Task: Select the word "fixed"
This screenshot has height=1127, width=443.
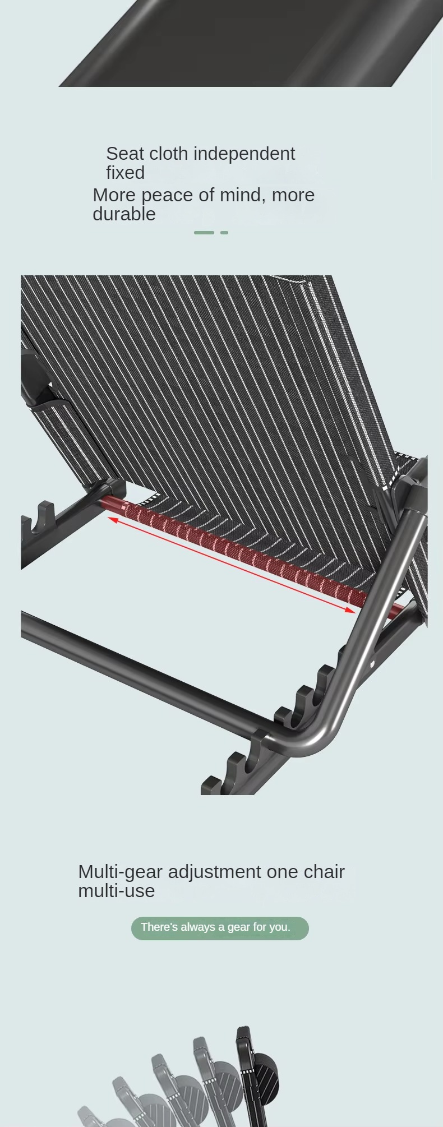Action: click(x=126, y=173)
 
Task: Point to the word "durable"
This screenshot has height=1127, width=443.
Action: click(x=124, y=214)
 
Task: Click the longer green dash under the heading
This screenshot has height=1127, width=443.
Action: click(x=204, y=232)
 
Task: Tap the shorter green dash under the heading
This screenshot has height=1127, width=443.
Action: click(x=224, y=232)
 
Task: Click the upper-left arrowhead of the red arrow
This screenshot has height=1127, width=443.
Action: click(x=112, y=520)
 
